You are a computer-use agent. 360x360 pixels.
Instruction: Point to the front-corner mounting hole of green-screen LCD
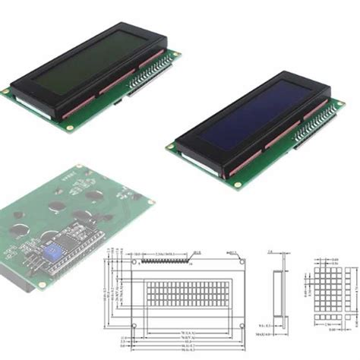pyautogui.click(x=70, y=128)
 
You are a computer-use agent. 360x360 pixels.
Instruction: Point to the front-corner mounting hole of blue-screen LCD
pyautogui.click(x=237, y=184)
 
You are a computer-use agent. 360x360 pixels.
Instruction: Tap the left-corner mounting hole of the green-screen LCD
pyautogui.click(x=6, y=91)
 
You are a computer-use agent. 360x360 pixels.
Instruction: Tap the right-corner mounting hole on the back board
pyautogui.click(x=150, y=202)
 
